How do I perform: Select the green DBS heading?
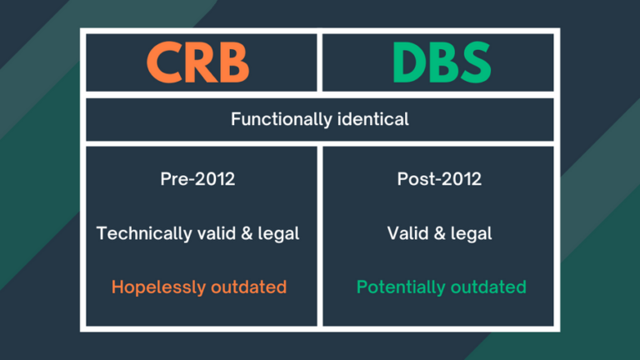(x=439, y=62)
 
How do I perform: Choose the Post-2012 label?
(x=439, y=179)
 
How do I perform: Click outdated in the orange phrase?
(x=247, y=287)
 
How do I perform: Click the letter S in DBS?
(x=475, y=62)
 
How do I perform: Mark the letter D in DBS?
(x=405, y=62)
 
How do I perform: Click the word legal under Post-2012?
(x=472, y=233)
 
